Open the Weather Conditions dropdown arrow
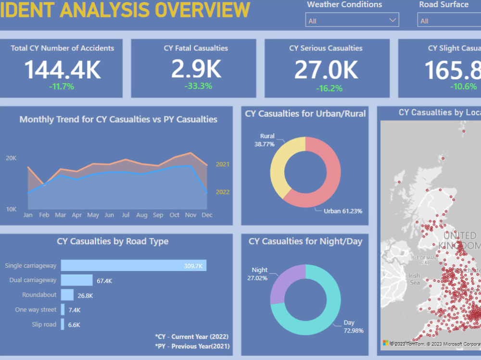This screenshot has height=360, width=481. point(392,20)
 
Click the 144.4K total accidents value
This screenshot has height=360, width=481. point(63,69)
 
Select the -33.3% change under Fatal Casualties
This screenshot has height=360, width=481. point(198,86)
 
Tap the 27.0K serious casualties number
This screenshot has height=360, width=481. point(326,70)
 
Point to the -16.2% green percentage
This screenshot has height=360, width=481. point(329,88)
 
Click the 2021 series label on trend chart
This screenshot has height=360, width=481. point(223,164)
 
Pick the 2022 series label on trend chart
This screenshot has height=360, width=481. point(223,192)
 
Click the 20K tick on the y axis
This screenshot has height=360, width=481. point(11,158)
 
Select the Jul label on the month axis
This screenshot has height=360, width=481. point(126,215)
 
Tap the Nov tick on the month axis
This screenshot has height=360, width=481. point(191,215)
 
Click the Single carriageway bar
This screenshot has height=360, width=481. point(133,265)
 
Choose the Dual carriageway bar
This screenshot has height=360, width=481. point(76,280)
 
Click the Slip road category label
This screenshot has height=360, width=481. point(44,324)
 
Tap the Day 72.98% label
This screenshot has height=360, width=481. point(354,326)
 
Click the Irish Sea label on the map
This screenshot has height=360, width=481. point(414,279)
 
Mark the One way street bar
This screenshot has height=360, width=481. point(63,310)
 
